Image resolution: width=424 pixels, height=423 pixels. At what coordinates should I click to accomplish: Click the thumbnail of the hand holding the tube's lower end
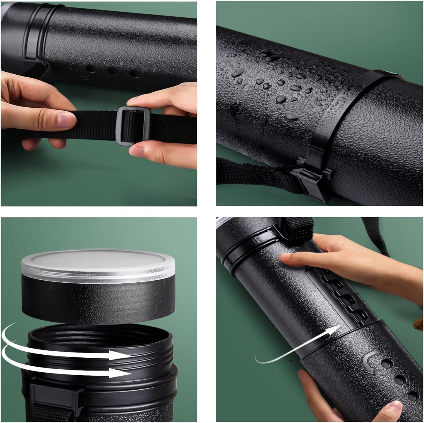point(393,408)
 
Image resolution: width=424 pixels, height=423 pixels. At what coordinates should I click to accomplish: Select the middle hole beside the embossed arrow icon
point(400,380)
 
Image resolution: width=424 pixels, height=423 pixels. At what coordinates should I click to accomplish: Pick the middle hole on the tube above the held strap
point(113,71)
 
